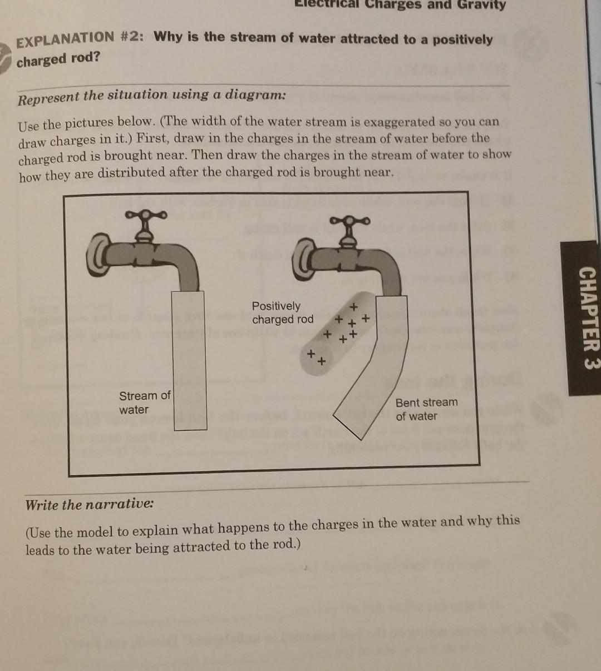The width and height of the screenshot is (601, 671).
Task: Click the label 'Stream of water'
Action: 144,402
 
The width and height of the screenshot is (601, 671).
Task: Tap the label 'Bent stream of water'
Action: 426,409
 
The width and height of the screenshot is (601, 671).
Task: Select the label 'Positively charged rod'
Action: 282,312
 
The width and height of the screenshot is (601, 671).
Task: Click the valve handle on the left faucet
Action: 145,217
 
